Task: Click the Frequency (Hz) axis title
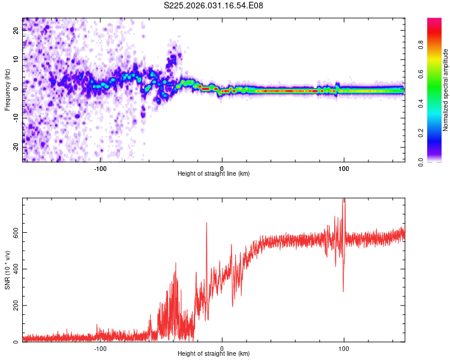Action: click(x=7, y=89)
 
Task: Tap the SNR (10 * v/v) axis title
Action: click(x=7, y=269)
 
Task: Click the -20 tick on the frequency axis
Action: click(x=16, y=147)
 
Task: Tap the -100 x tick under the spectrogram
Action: click(x=100, y=169)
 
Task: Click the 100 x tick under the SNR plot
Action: click(x=344, y=349)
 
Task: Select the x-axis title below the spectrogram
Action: click(x=214, y=174)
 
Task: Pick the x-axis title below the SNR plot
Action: click(x=214, y=355)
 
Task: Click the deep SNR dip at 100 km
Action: click(x=343, y=290)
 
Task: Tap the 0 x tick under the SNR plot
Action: click(x=222, y=349)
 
